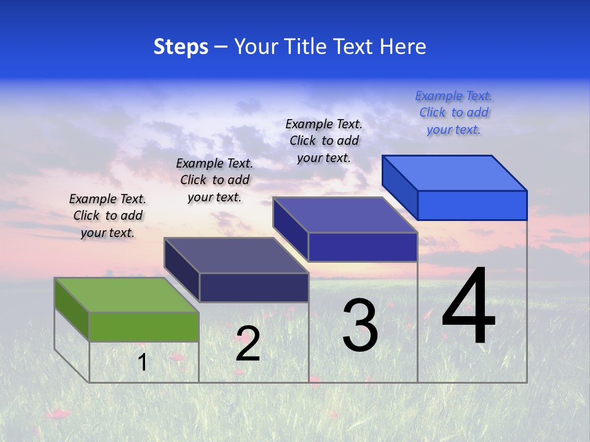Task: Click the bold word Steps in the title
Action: pyautogui.click(x=181, y=47)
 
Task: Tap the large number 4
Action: pyautogui.click(x=468, y=307)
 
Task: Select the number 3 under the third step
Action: pyautogui.click(x=360, y=325)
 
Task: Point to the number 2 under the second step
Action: pyautogui.click(x=248, y=344)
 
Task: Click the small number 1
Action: pyautogui.click(x=143, y=362)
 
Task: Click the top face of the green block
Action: pyautogui.click(x=127, y=295)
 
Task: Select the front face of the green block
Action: pyautogui.click(x=144, y=327)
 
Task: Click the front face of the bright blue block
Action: pyautogui.click(x=472, y=205)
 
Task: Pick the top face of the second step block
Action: pyautogui.click(x=236, y=255)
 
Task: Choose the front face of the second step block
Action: pyautogui.click(x=254, y=287)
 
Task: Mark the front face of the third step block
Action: pyautogui.click(x=363, y=247)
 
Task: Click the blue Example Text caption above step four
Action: pyautogui.click(x=454, y=112)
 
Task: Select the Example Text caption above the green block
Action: pyautogui.click(x=108, y=215)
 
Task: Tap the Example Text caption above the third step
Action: pyautogui.click(x=324, y=141)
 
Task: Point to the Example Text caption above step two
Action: pyautogui.click(x=214, y=180)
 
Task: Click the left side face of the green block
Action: pyautogui.click(x=72, y=309)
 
